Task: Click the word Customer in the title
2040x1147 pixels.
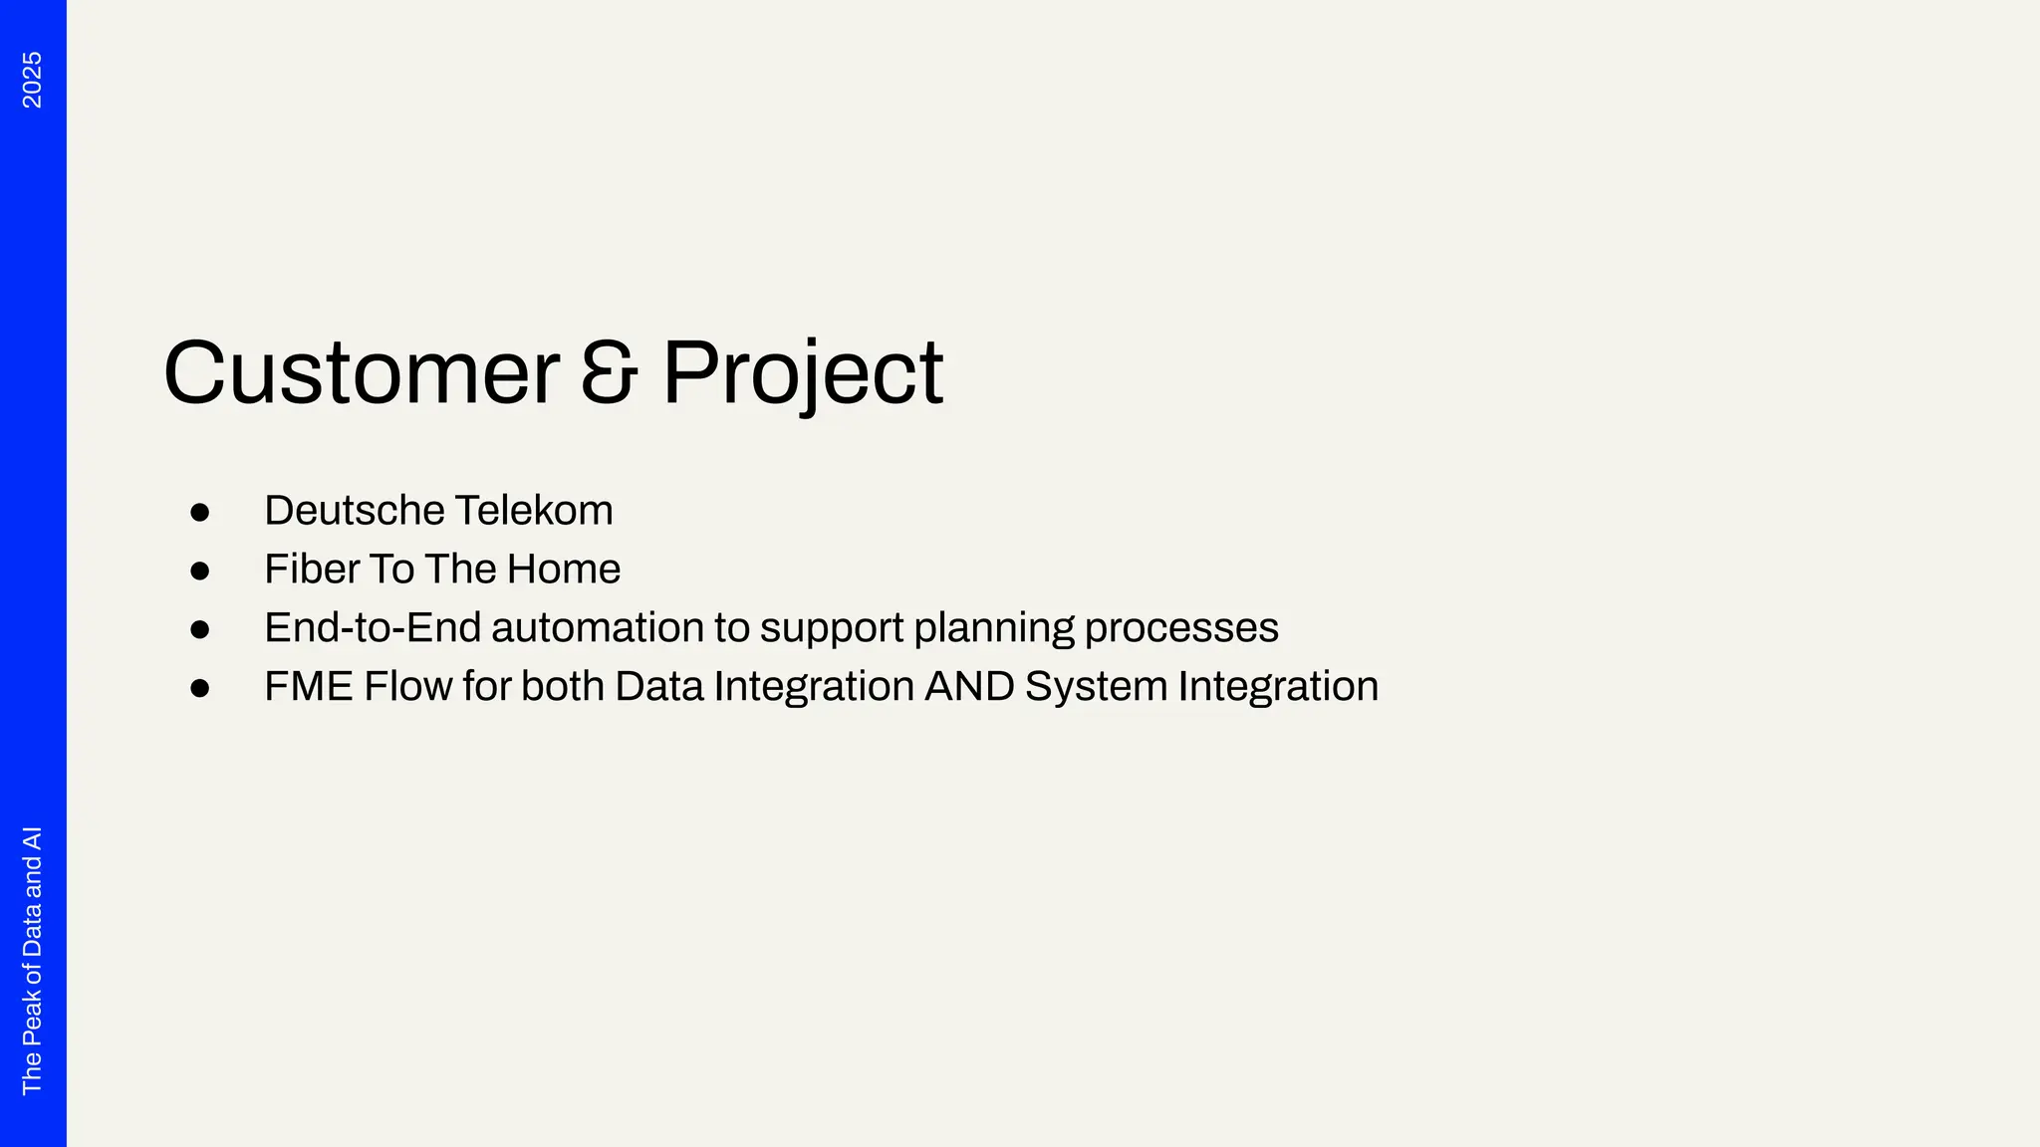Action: point(361,373)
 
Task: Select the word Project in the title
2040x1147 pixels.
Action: point(803,373)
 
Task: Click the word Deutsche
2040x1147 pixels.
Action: point(353,511)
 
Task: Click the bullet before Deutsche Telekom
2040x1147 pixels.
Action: point(200,513)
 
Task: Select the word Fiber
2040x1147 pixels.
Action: point(311,570)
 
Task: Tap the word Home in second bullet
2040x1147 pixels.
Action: point(563,570)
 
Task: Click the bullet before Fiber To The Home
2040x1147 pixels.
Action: point(200,572)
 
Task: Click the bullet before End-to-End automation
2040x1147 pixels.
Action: point(200,630)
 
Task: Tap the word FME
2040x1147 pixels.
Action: point(309,687)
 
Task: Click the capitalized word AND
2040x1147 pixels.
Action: point(969,687)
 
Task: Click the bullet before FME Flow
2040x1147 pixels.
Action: point(200,689)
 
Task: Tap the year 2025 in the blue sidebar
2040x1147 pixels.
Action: point(32,80)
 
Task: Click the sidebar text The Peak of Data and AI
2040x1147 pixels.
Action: point(32,960)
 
